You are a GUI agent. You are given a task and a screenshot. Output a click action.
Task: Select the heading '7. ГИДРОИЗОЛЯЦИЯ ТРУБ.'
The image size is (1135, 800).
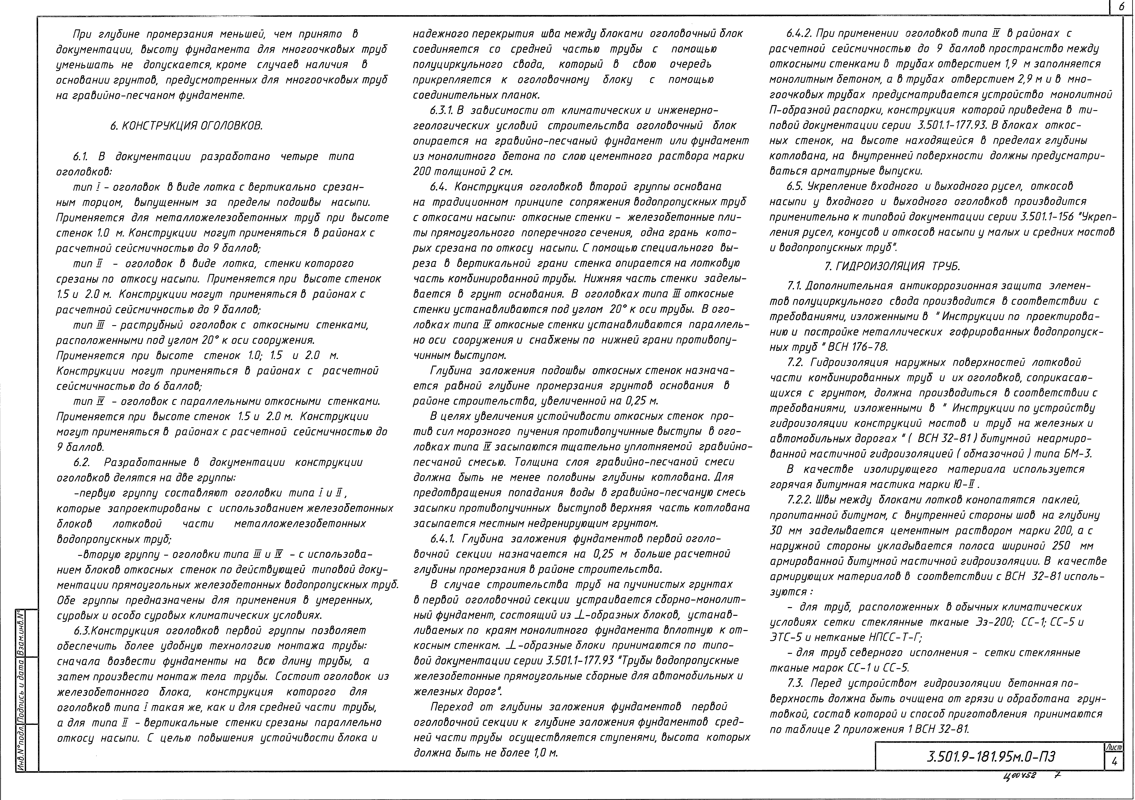click(x=892, y=267)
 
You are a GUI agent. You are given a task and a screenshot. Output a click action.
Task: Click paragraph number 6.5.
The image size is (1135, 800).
click(x=796, y=186)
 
